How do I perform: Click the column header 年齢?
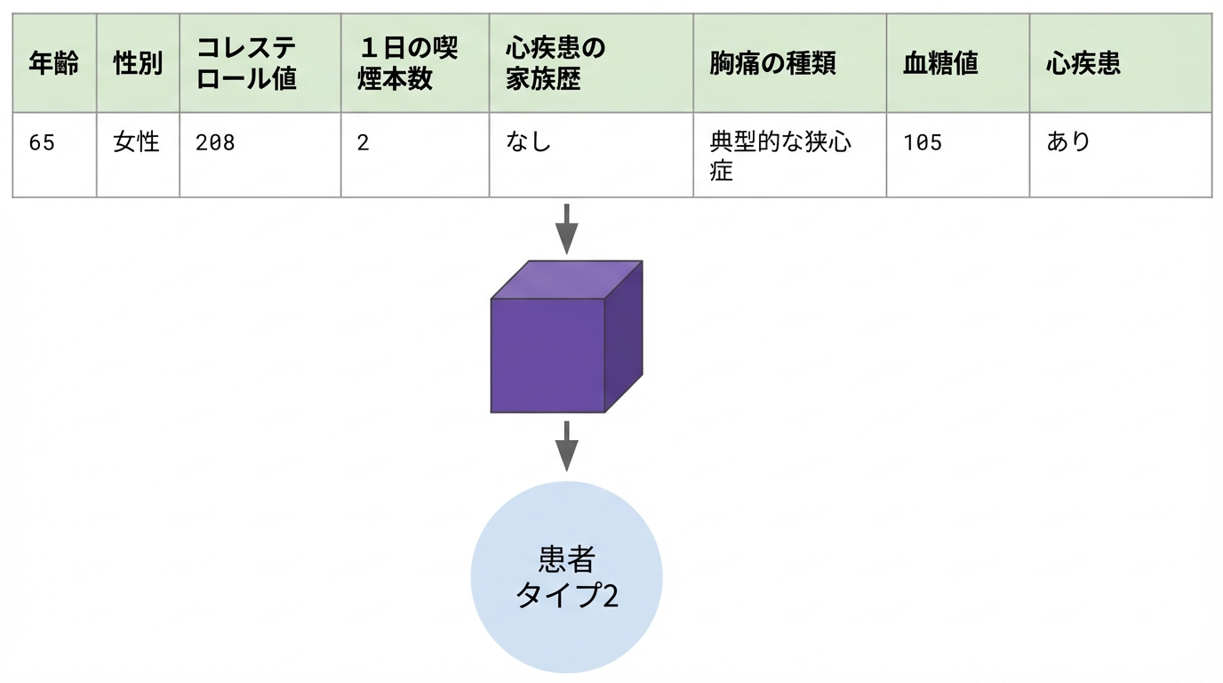tap(53, 63)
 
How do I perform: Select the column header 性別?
tap(138, 63)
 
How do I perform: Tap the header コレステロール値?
tap(246, 63)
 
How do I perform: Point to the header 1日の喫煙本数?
tap(408, 63)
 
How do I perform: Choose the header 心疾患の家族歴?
tap(556, 63)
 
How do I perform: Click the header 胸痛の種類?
tap(772, 63)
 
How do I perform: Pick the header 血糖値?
tap(940, 63)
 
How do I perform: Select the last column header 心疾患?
tap(1083, 63)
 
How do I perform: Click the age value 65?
tap(42, 142)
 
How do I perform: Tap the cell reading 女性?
tap(136, 142)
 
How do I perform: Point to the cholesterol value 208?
tap(215, 142)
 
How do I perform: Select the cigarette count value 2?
tap(363, 142)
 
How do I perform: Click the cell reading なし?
tap(528, 142)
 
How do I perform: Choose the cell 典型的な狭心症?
tap(780, 157)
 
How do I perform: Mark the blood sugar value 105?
tap(923, 142)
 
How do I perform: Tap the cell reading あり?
tap(1068, 142)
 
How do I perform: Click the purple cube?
tap(566, 336)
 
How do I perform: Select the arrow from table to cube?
tap(567, 229)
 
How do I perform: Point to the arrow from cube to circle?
tap(567, 446)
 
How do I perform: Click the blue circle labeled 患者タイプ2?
tap(567, 577)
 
